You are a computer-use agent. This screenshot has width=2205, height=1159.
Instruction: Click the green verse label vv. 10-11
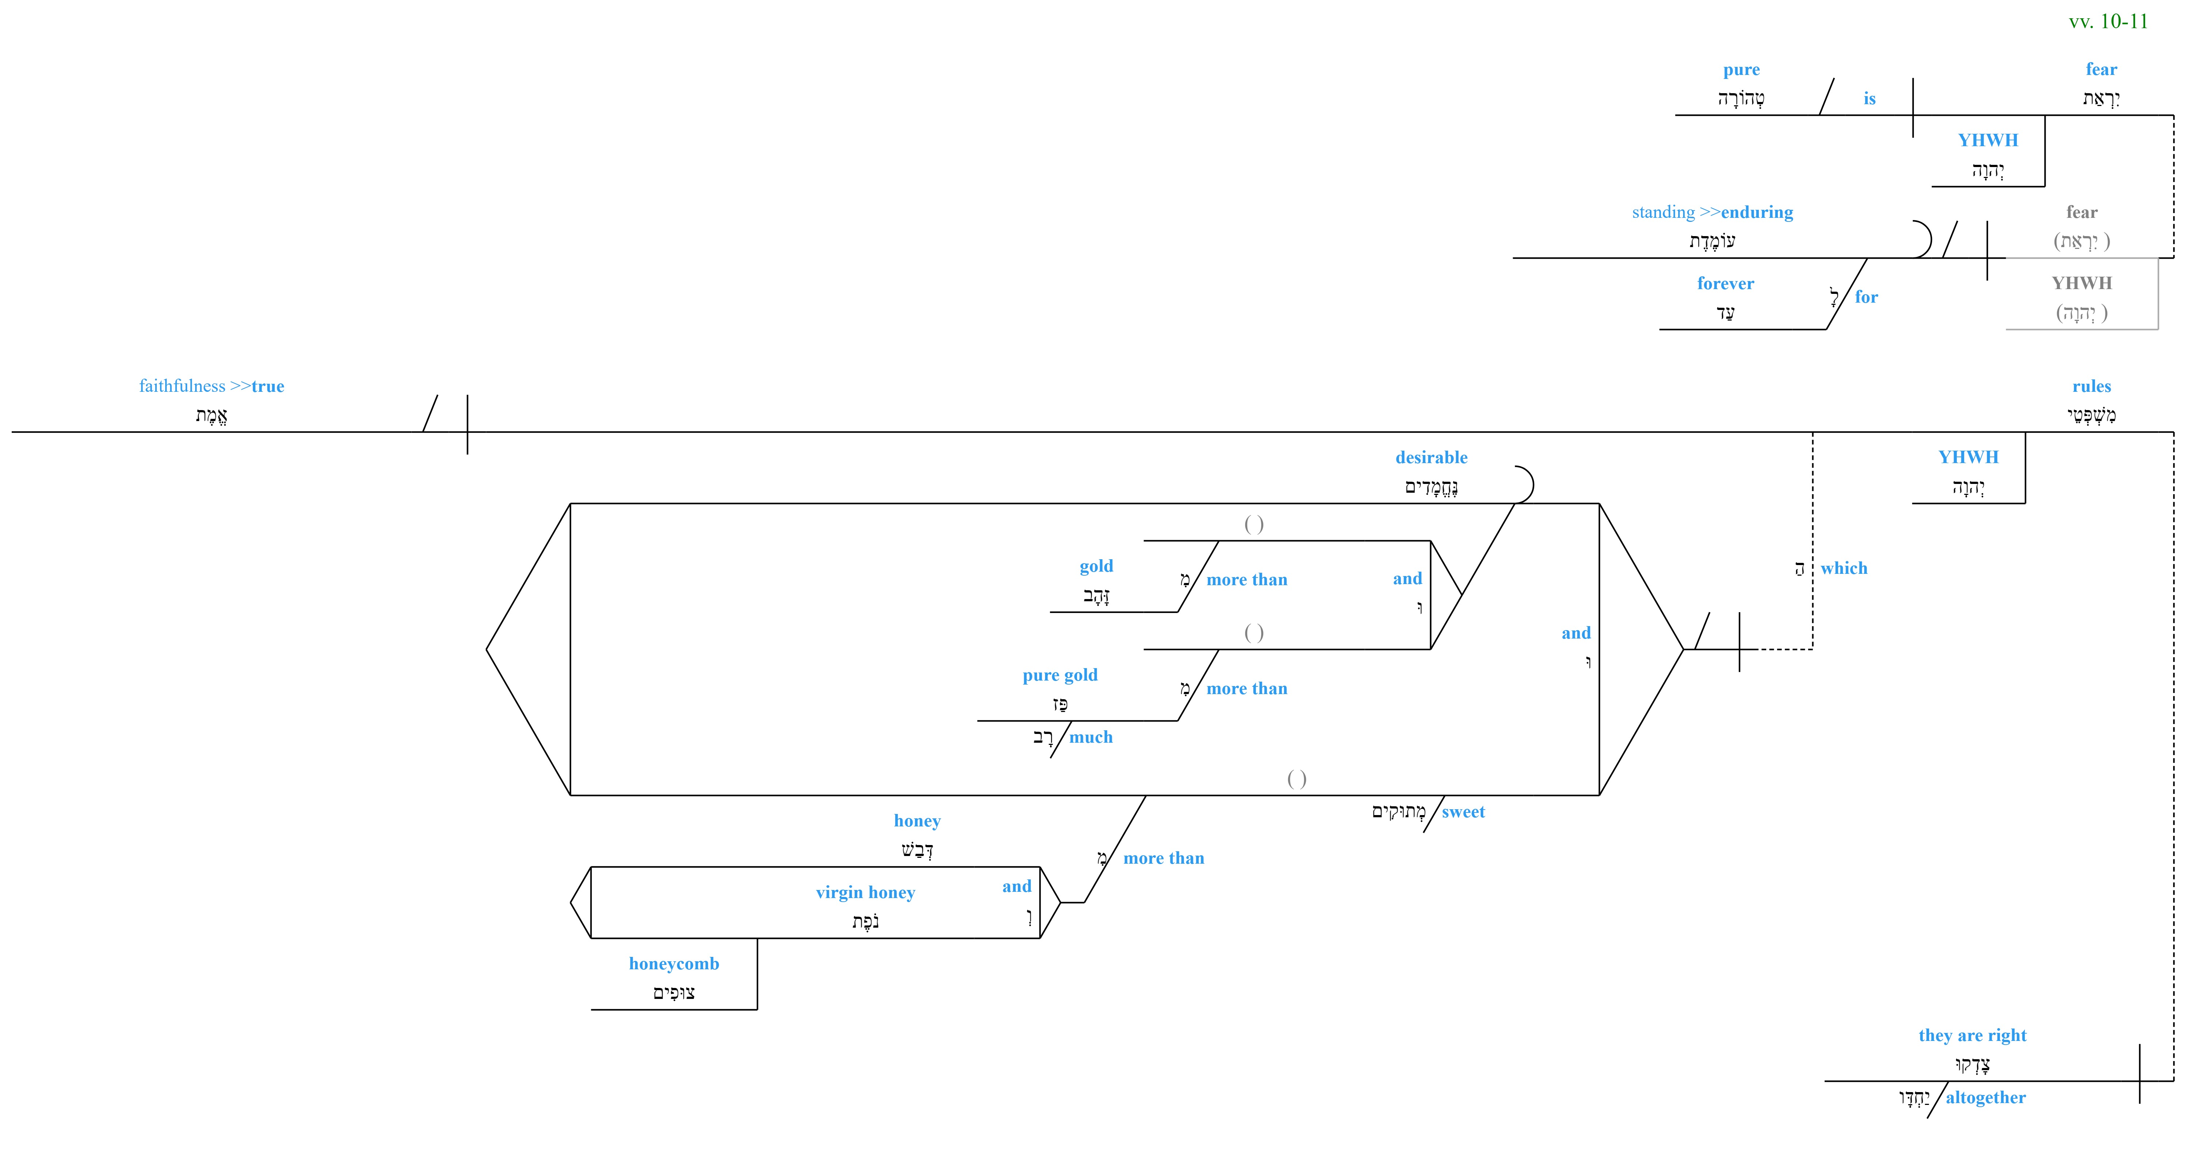(x=2108, y=22)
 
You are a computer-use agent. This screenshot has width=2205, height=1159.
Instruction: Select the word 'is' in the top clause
(x=1870, y=98)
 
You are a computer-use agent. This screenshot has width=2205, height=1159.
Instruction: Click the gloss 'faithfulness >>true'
(x=212, y=386)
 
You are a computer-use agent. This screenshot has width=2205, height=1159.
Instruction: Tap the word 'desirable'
(x=1431, y=457)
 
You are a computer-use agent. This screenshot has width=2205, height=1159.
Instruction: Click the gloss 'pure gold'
(x=1060, y=675)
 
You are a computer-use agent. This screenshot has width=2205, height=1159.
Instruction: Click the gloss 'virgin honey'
(x=866, y=893)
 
